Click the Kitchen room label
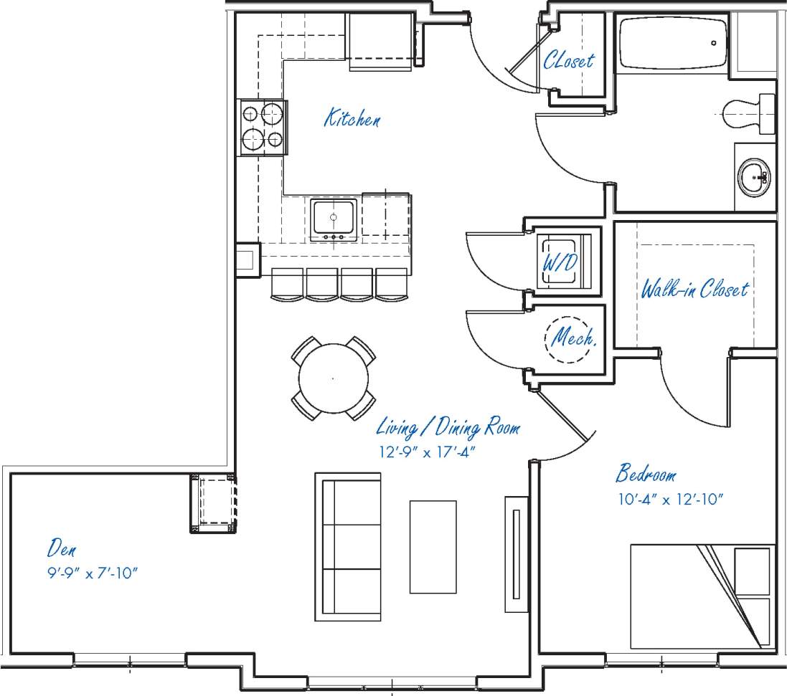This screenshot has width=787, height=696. [352, 118]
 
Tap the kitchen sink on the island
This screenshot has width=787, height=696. [334, 219]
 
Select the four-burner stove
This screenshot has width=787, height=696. [263, 127]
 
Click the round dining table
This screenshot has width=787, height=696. [333, 378]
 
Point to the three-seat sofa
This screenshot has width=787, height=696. [348, 547]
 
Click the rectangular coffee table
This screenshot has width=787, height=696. [433, 547]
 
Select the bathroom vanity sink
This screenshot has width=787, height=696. [753, 177]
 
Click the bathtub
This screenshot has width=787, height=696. [673, 44]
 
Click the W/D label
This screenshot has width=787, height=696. [560, 262]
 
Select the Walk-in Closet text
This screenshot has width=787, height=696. [694, 290]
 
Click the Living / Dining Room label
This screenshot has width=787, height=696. [448, 429]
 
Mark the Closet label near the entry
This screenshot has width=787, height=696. [568, 60]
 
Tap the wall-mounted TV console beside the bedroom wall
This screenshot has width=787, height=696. [516, 554]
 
